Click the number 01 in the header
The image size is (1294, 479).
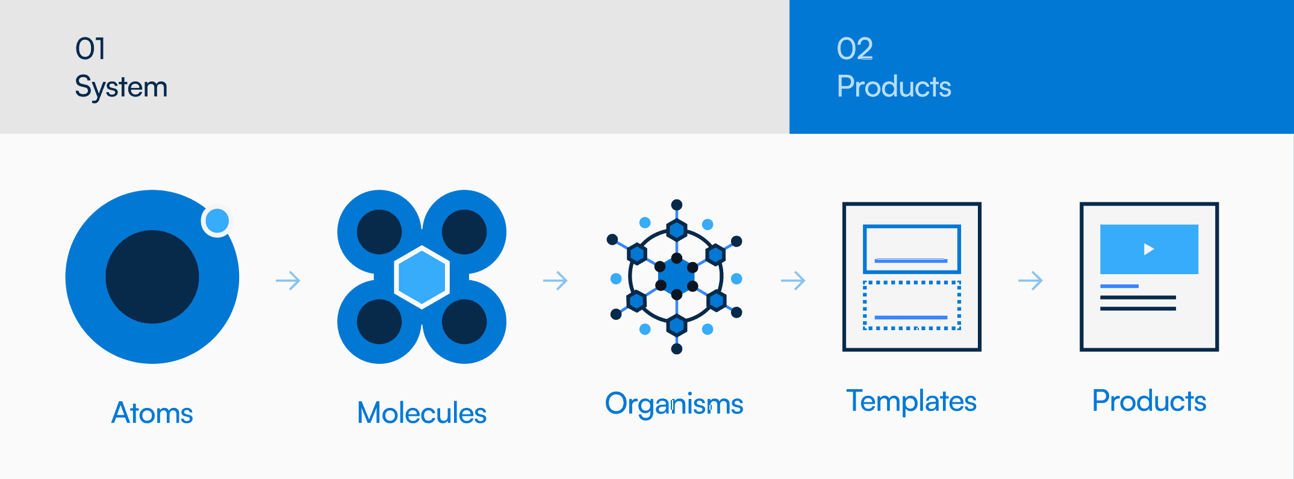90,49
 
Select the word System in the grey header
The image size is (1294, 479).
121,87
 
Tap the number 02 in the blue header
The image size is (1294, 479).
854,49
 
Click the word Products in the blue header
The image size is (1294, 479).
894,87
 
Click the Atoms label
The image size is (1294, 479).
152,413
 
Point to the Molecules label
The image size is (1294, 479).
421,413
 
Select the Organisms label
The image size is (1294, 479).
674,404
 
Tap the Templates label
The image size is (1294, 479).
911,401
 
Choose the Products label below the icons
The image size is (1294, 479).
1149,401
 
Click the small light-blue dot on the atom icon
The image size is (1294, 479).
217,221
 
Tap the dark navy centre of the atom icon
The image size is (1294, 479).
152,277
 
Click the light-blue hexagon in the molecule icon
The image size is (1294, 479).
421,277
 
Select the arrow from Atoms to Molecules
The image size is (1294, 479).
288,281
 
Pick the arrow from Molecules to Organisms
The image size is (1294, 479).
555,281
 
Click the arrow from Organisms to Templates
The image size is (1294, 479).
793,281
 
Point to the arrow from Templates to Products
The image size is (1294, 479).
1030,281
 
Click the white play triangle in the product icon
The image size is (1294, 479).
1149,249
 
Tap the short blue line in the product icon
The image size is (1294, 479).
1119,286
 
